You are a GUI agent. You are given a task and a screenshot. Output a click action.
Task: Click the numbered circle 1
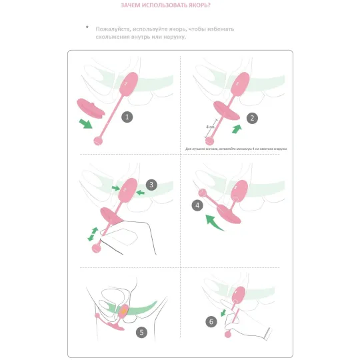128,116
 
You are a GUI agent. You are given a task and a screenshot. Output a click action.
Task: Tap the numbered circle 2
252,118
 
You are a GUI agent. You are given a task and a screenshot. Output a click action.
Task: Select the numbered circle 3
152,185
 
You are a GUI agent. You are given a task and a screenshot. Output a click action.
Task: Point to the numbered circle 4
198,205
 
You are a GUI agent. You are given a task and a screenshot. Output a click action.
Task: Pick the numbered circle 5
141,331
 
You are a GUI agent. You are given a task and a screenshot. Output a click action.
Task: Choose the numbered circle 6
211,321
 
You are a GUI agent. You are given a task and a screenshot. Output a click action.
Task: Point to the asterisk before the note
87,27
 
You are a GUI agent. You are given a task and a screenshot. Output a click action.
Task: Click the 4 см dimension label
210,127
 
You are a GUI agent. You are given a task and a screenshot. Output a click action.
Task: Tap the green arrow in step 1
85,124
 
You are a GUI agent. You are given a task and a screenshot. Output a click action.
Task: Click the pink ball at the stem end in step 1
100,140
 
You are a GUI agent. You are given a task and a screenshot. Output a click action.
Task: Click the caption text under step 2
235,148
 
